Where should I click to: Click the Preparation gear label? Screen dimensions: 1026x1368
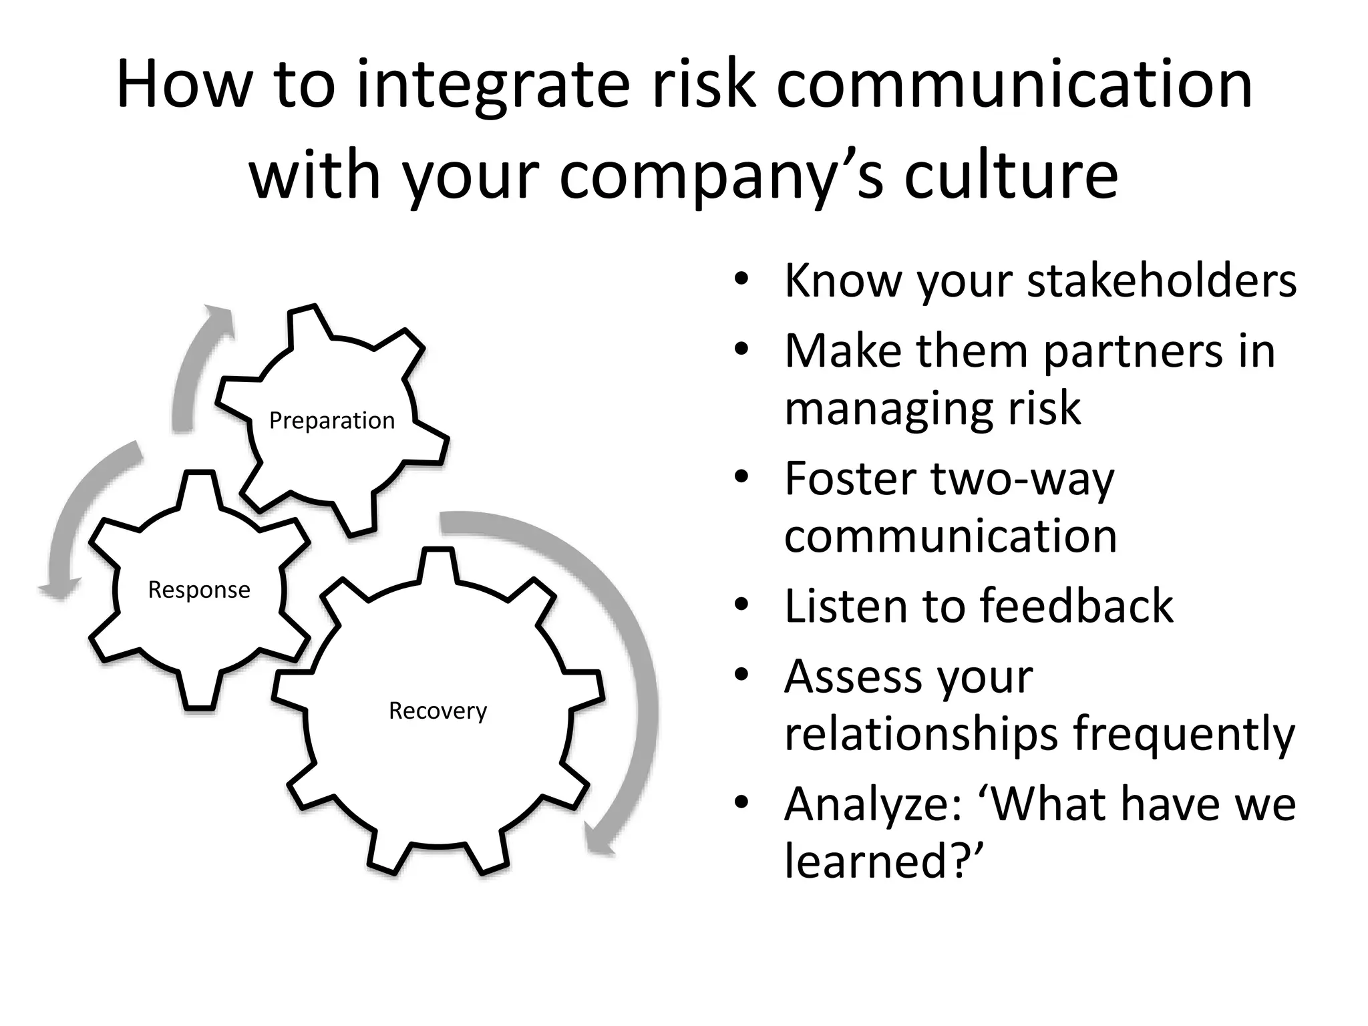pos(332,421)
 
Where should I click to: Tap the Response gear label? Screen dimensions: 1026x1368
pos(199,590)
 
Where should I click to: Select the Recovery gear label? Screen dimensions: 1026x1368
pos(438,711)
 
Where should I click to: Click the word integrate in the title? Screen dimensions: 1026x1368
pos(494,85)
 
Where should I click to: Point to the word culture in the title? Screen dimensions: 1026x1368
pos(1011,175)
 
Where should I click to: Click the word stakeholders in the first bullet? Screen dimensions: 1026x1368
pos(1162,281)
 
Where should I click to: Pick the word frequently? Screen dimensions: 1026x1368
pos(1184,734)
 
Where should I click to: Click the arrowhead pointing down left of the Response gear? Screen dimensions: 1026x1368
pos(59,589)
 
